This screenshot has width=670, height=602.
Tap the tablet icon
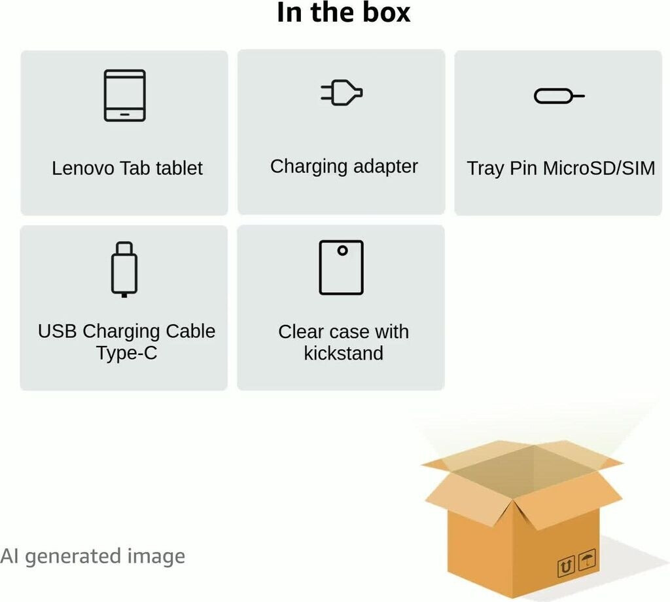pyautogui.click(x=124, y=95)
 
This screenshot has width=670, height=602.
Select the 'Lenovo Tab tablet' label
pyautogui.click(x=127, y=168)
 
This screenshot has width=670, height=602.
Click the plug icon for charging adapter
pyautogui.click(x=342, y=93)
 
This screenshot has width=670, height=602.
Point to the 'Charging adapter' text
pyautogui.click(x=344, y=166)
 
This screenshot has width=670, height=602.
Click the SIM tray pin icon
pyautogui.click(x=559, y=96)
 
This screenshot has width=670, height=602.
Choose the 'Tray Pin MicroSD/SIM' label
pyautogui.click(x=561, y=168)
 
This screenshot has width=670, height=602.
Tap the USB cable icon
pyautogui.click(x=124, y=269)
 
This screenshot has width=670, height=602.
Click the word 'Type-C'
pyautogui.click(x=126, y=353)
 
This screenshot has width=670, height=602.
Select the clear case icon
pyautogui.click(x=341, y=267)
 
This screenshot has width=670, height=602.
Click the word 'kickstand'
pyautogui.click(x=344, y=354)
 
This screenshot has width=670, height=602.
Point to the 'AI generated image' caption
pyautogui.click(x=92, y=556)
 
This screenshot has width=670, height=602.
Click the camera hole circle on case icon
pyautogui.click(x=342, y=250)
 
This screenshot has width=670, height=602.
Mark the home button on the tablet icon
pyautogui.click(x=124, y=114)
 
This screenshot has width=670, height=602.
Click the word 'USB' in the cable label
pyautogui.click(x=58, y=331)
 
